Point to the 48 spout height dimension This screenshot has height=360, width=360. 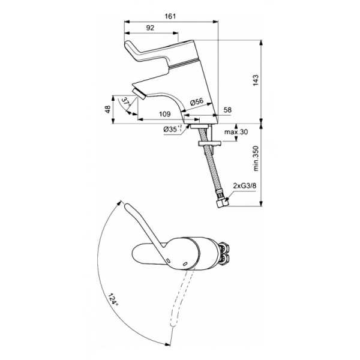pos(108,109)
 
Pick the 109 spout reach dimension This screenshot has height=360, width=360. pos(163,113)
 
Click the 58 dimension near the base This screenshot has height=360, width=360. pos(227,111)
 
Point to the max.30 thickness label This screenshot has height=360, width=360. pos(236,132)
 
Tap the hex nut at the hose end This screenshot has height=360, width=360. pos(222,203)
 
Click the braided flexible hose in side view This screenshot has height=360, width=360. pos(212,171)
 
